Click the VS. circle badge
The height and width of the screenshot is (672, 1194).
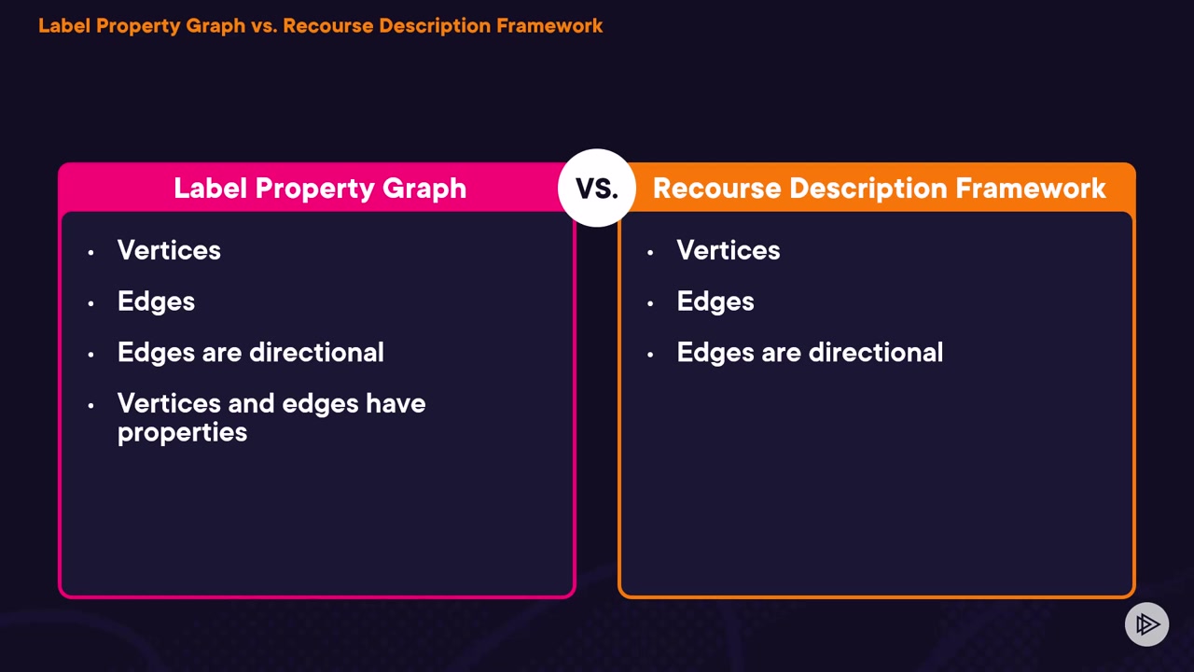click(597, 188)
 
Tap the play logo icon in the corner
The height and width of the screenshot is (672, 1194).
click(1146, 623)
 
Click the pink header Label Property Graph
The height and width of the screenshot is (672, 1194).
click(319, 189)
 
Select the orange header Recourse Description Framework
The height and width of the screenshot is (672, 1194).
click(879, 189)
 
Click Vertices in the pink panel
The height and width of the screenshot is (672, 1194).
click(169, 250)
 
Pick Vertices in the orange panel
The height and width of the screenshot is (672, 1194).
click(728, 250)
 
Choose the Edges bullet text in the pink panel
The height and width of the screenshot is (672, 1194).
click(156, 301)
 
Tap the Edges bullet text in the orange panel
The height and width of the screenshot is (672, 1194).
click(715, 301)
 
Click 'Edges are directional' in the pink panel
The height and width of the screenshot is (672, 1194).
click(250, 353)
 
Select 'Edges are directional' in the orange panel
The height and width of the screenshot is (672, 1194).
click(810, 353)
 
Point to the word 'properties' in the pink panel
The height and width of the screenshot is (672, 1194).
click(182, 433)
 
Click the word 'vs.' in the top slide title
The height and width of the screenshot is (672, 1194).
click(261, 26)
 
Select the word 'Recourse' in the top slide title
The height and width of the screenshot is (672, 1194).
click(323, 26)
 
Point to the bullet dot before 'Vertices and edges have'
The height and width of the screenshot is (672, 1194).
click(90, 405)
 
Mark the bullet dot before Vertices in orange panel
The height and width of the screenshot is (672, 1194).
click(650, 252)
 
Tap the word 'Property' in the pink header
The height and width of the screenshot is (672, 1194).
click(313, 189)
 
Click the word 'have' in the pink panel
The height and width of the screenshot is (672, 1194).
click(396, 404)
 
